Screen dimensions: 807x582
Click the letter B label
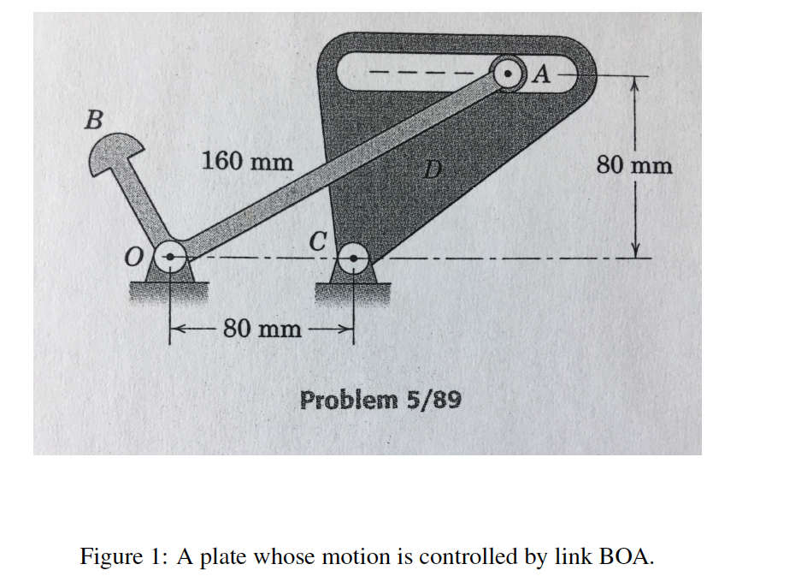coord(94,120)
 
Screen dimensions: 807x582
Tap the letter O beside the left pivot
coord(133,257)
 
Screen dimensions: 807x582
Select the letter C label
coord(317,241)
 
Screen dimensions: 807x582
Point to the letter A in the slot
coord(540,74)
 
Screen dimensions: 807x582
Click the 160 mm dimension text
coord(247,161)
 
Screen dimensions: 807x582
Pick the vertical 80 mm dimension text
coord(634,165)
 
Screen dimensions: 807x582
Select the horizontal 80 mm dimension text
coord(262,329)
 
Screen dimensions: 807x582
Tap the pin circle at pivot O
coord(170,256)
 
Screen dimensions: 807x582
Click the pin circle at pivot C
coord(353,258)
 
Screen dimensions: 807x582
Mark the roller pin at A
coord(509,74)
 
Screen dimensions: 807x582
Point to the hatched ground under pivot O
coord(168,291)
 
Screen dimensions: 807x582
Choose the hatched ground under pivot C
coord(352,294)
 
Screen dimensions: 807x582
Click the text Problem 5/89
coord(380,400)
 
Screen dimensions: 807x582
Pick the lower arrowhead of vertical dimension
coord(636,250)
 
